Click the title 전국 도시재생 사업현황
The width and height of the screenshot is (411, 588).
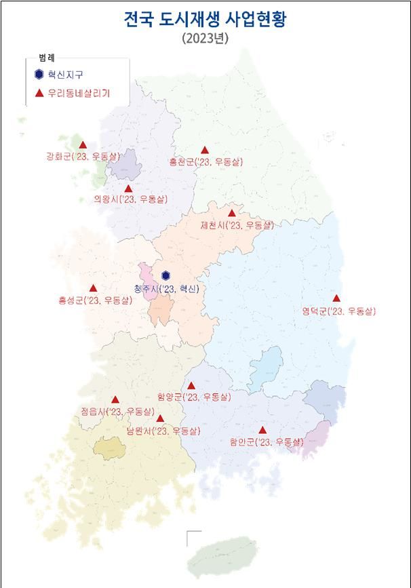(206, 20)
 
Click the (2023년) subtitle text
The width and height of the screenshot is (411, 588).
(206, 39)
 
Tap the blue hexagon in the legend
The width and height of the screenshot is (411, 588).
(39, 75)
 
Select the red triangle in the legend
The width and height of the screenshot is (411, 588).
(39, 94)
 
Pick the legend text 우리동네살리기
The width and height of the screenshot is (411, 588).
(82, 94)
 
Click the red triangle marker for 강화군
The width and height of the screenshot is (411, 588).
(83, 144)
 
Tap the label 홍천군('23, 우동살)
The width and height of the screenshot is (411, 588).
(206, 162)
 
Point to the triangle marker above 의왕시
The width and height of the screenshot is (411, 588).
(128, 189)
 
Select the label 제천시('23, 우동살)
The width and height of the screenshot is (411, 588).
(237, 225)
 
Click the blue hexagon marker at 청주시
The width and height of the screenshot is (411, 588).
(166, 276)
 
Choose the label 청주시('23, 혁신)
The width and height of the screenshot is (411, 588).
(167, 289)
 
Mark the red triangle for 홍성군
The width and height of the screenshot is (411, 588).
(93, 288)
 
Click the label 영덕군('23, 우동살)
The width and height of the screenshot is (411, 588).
(338, 311)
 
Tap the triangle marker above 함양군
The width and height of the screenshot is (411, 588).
(191, 386)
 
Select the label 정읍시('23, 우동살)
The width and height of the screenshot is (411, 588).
(117, 412)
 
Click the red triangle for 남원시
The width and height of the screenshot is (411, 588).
(160, 418)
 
